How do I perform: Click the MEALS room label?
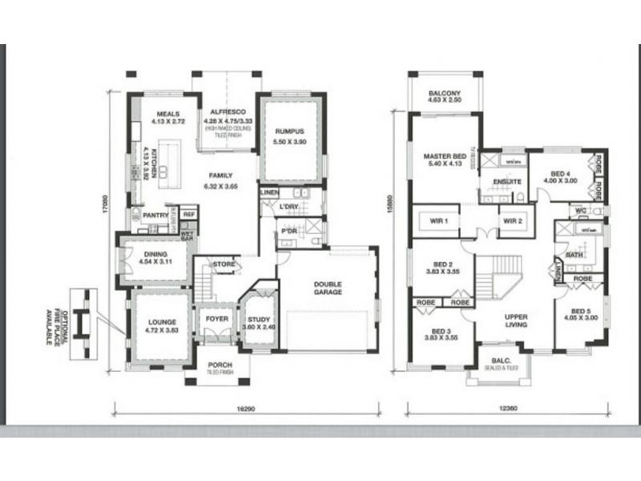click(167, 114)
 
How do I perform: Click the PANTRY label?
click(155, 215)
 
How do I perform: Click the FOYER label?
click(216, 318)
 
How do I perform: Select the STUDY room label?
click(258, 318)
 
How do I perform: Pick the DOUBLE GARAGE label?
click(328, 288)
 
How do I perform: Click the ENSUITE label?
click(507, 182)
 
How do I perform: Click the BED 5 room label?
click(582, 309)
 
